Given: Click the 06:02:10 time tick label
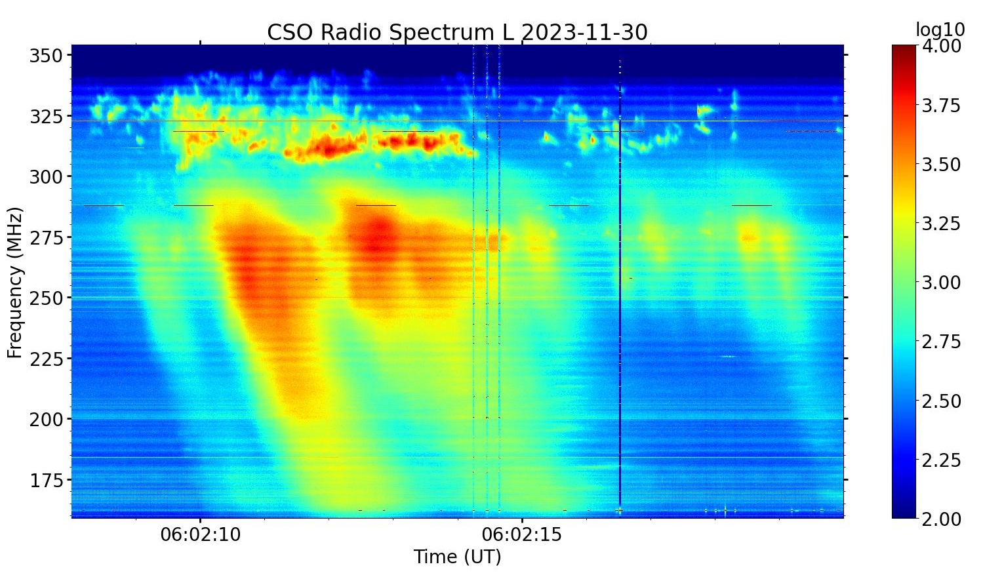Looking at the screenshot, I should pyautogui.click(x=201, y=535).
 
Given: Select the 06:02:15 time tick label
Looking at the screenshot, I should pyautogui.click(x=522, y=535).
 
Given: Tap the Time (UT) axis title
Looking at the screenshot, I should pyautogui.click(x=457, y=557).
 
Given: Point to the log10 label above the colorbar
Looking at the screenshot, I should pyautogui.click(x=940, y=30).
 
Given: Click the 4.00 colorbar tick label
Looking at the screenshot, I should pyautogui.click(x=941, y=47).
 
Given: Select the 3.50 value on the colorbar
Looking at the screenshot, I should pyautogui.click(x=941, y=165).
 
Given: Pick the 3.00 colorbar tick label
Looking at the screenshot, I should pyautogui.click(x=941, y=283).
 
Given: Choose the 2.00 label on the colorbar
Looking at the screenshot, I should pyautogui.click(x=941, y=519).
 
